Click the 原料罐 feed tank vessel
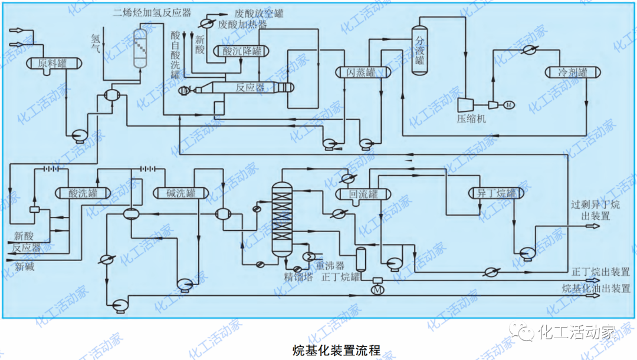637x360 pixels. click(51, 63)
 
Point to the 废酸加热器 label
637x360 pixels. click(242, 25)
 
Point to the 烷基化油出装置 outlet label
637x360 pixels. click(596, 288)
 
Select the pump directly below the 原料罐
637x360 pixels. click(78, 136)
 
